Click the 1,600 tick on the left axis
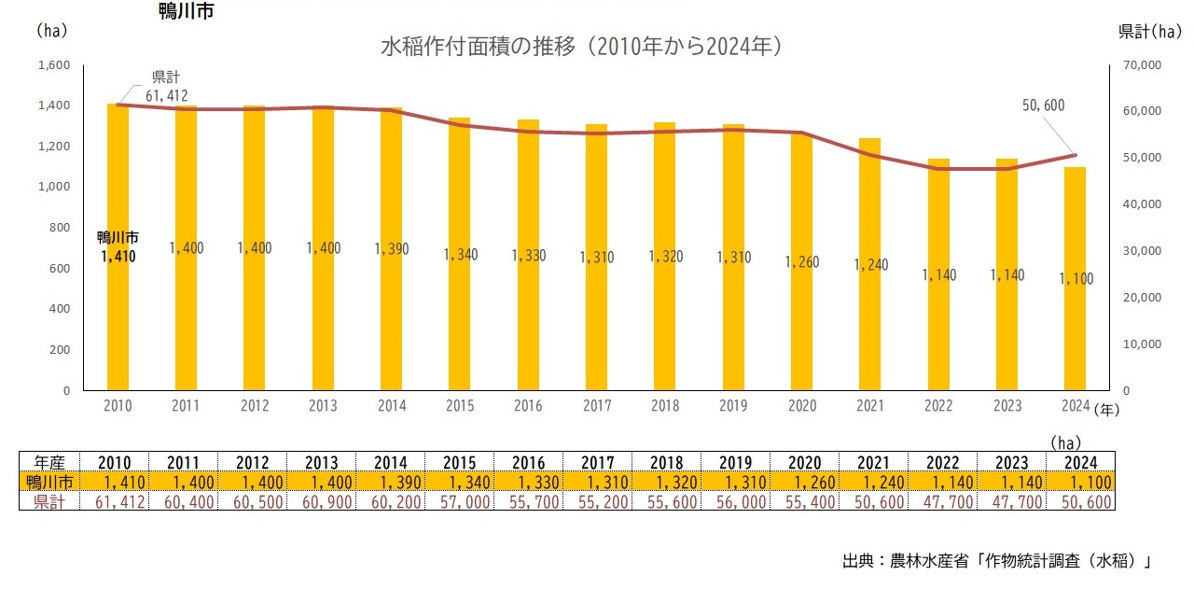coord(54,65)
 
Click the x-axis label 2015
coord(460,406)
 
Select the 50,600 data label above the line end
coord(1043,105)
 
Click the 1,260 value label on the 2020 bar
coord(801,262)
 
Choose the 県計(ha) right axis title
coord(1149,31)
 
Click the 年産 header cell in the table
coord(49,462)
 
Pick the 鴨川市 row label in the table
coord(49,482)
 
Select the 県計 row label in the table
coord(49,501)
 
